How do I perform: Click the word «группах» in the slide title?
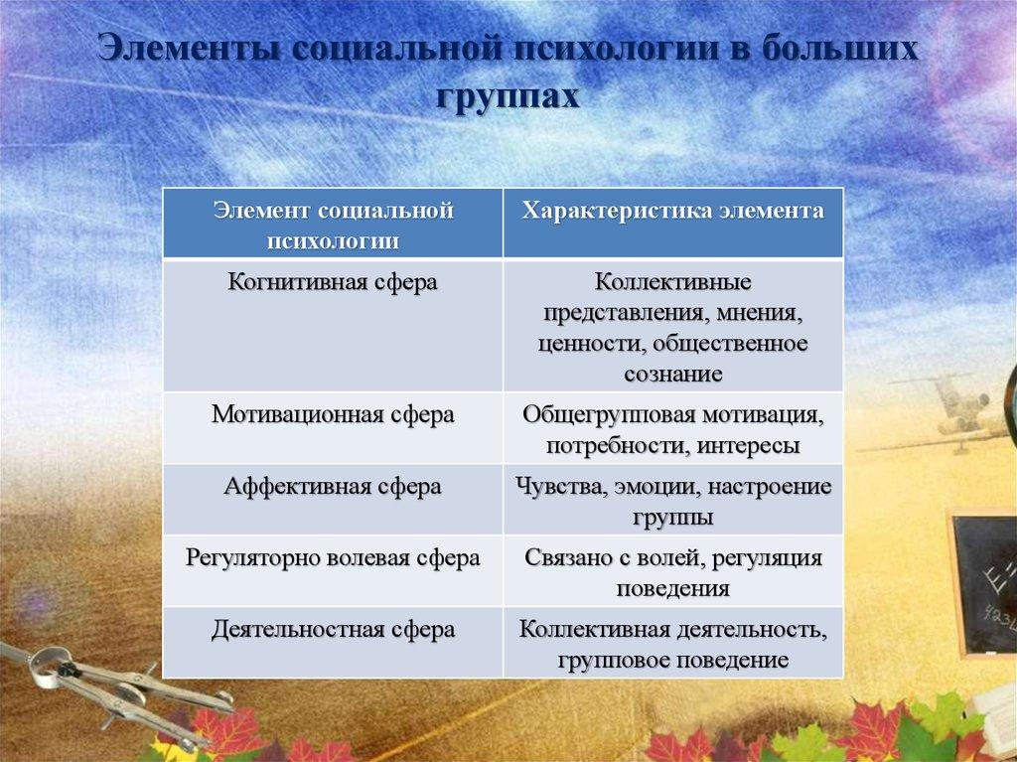tap(506, 97)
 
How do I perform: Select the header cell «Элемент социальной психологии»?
tap(333, 225)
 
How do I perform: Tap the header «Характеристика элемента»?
tap(672, 212)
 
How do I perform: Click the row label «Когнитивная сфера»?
tap(333, 282)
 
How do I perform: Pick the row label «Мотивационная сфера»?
tap(333, 414)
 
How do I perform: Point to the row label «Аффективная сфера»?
tap(333, 487)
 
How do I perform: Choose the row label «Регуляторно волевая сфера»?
tap(333, 558)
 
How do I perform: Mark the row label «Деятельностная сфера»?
tap(333, 629)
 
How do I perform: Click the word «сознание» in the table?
tap(672, 374)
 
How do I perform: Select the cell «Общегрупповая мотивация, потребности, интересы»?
tap(672, 429)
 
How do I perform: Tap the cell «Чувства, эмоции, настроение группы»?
tap(672, 502)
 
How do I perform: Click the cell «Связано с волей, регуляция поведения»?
tap(672, 573)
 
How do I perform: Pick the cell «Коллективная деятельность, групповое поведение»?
tap(672, 644)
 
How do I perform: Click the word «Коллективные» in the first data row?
tap(672, 283)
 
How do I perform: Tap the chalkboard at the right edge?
tap(984, 581)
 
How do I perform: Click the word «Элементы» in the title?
tap(190, 52)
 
